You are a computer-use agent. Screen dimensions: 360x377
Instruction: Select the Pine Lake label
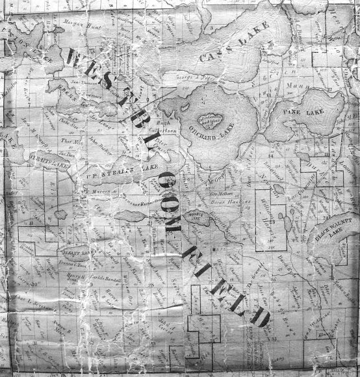(303, 112)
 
